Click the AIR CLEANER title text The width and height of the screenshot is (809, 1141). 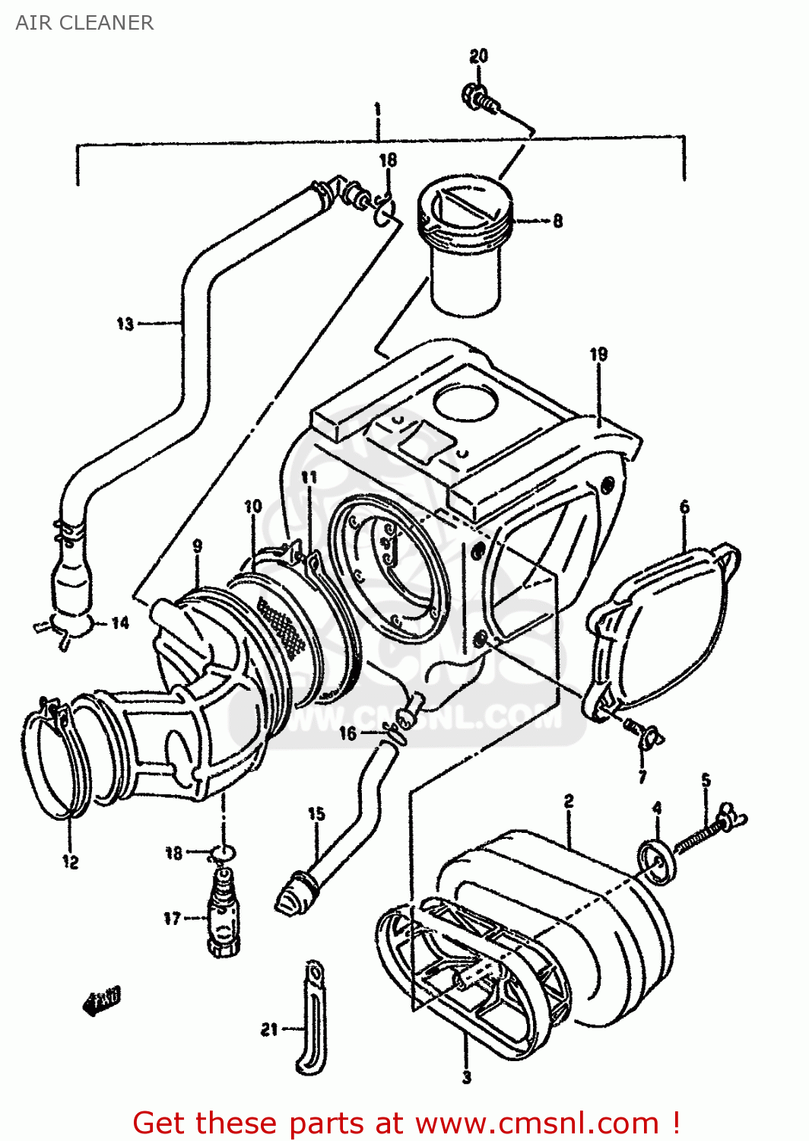[84, 23]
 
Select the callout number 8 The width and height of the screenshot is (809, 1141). [557, 221]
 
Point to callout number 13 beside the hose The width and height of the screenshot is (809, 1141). [125, 324]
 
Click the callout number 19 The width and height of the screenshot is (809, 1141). [598, 354]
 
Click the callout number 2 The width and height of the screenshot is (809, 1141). [568, 801]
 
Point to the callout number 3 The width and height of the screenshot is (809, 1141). [466, 1077]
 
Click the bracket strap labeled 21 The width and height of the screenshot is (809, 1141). [311, 1019]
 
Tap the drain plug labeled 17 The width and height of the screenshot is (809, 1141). [223, 917]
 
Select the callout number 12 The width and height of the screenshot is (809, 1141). [70, 862]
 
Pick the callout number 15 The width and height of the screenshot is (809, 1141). [316, 814]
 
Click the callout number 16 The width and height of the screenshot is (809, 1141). [347, 733]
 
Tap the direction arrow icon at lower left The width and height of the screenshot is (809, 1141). [101, 1001]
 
